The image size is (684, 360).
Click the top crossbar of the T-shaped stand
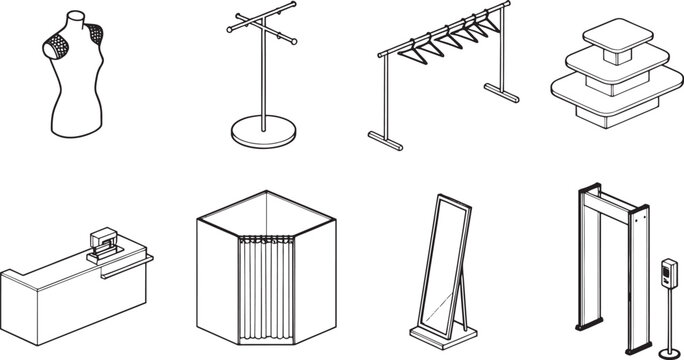pyautogui.click(x=262, y=21)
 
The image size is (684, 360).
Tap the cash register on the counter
pyautogui.click(x=103, y=244)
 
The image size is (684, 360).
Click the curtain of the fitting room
pyautogui.click(x=265, y=290)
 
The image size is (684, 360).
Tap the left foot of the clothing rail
pyautogui.click(x=386, y=140)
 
